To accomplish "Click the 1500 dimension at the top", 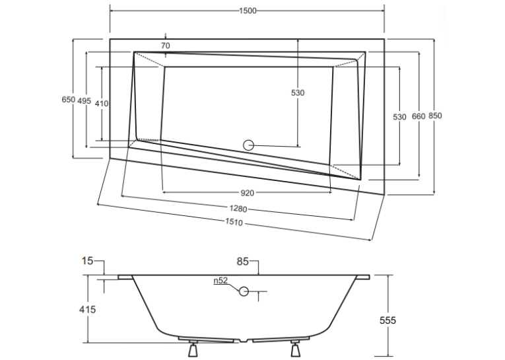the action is pos(248,11).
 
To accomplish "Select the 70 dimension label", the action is pos(165,46).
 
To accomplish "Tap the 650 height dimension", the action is pos(68,100).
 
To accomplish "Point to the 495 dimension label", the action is pos(84,101).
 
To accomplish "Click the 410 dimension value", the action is pos(102,104).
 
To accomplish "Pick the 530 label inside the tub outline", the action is pos(298,93).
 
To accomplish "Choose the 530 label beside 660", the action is pos(399,117).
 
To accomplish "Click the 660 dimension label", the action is pos(419,116).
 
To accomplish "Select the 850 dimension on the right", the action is pos(435,116).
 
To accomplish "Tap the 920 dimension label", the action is pos(248,193).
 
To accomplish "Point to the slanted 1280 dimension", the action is pos(238,209).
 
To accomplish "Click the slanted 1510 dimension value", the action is pos(234,222).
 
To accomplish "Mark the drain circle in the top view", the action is pos(248,145).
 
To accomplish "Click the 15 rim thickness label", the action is pos(87,261).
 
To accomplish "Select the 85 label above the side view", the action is pos(242,262).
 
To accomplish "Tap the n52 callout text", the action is pos(220,281).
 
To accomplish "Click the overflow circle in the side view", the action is pos(244,291).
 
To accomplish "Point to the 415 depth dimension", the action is pos(87,309).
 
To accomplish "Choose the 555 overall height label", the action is pos(387,320).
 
